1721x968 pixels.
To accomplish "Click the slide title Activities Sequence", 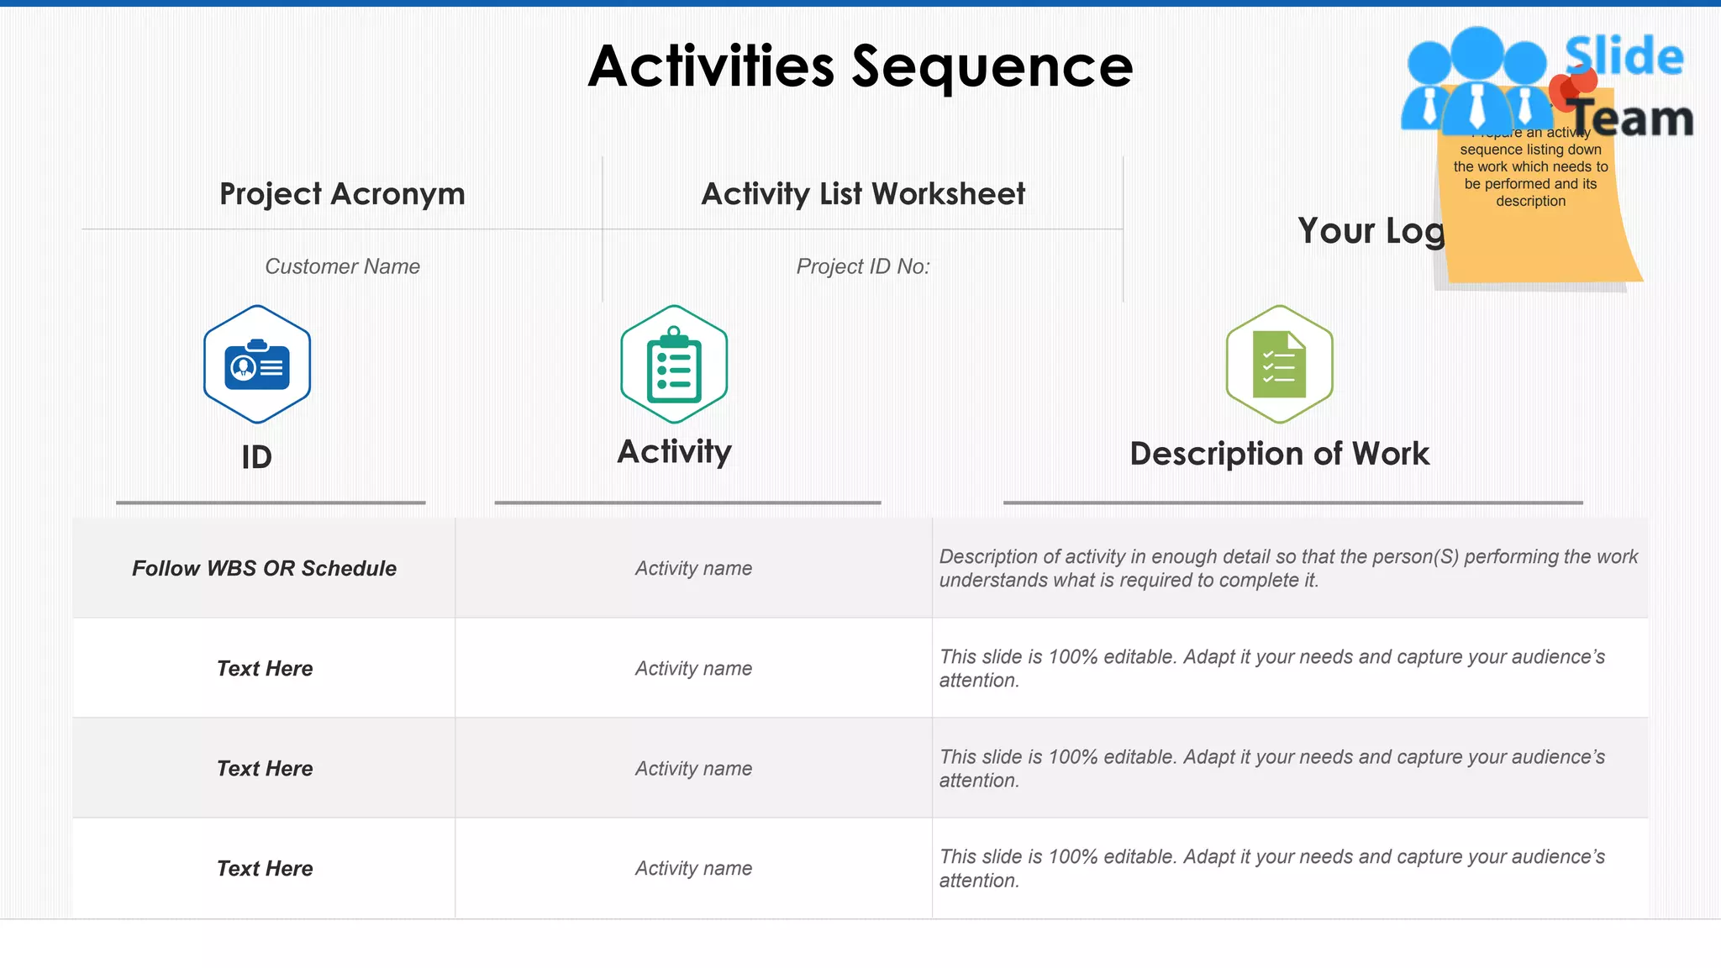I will coord(860,67).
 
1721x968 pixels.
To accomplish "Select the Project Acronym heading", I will coord(342,194).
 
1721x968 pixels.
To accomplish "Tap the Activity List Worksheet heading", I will coord(863,194).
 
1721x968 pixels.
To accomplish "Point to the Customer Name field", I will coord(342,266).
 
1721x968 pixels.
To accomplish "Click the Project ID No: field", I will coord(863,266).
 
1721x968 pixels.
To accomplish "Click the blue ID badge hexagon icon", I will coord(257,365).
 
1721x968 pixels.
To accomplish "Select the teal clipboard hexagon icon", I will coord(674,365).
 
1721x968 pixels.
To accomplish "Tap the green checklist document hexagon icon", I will coord(1279,365).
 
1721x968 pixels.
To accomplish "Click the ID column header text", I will coord(256,458).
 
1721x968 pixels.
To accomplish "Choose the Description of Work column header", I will coord(1279,454).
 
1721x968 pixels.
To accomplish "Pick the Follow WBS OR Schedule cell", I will coord(264,569).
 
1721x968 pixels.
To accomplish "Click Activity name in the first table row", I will coord(693,569).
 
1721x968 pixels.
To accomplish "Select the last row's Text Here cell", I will coord(265,869).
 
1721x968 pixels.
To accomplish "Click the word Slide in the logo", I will coord(1624,56).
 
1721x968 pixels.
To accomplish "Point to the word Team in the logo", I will coord(1632,118).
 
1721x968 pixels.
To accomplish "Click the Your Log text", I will coord(1370,231).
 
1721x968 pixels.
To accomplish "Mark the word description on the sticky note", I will coord(1530,202).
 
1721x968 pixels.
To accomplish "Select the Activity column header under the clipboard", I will coord(674,452).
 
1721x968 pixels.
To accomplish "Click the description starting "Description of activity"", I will coord(1287,568).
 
